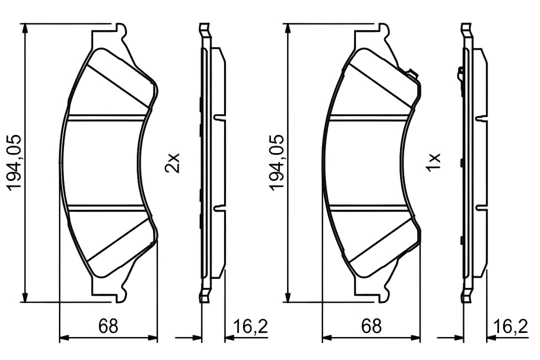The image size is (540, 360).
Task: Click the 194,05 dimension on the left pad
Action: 14,162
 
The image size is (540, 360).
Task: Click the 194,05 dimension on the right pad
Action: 277,162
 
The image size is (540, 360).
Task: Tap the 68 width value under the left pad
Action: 108,326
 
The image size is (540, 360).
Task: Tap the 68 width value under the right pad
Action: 371,326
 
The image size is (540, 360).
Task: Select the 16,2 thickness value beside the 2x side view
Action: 250,326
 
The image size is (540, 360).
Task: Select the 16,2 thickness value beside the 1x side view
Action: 510,326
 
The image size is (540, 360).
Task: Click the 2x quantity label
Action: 172,163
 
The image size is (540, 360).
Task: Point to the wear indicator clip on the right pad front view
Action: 412,73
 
